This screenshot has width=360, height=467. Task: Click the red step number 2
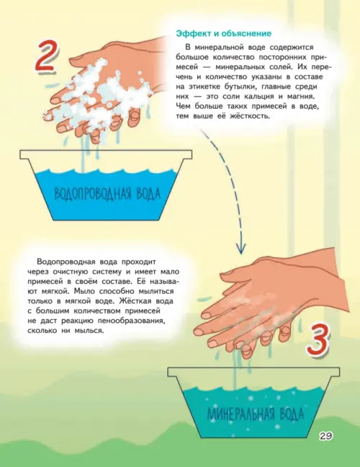(x=46, y=57)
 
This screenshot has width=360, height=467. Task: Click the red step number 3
(x=319, y=341)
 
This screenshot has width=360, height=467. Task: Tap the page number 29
(x=326, y=436)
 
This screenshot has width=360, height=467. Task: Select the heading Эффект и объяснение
(x=223, y=33)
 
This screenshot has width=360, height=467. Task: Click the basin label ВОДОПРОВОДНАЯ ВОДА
(x=107, y=193)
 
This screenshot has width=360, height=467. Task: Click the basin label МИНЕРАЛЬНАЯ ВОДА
(x=256, y=414)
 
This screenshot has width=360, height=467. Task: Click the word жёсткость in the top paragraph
(x=249, y=116)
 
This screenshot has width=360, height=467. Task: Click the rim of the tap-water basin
(x=106, y=155)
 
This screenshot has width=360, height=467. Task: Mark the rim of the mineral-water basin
(x=253, y=373)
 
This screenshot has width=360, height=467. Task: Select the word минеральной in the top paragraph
(x=215, y=48)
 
